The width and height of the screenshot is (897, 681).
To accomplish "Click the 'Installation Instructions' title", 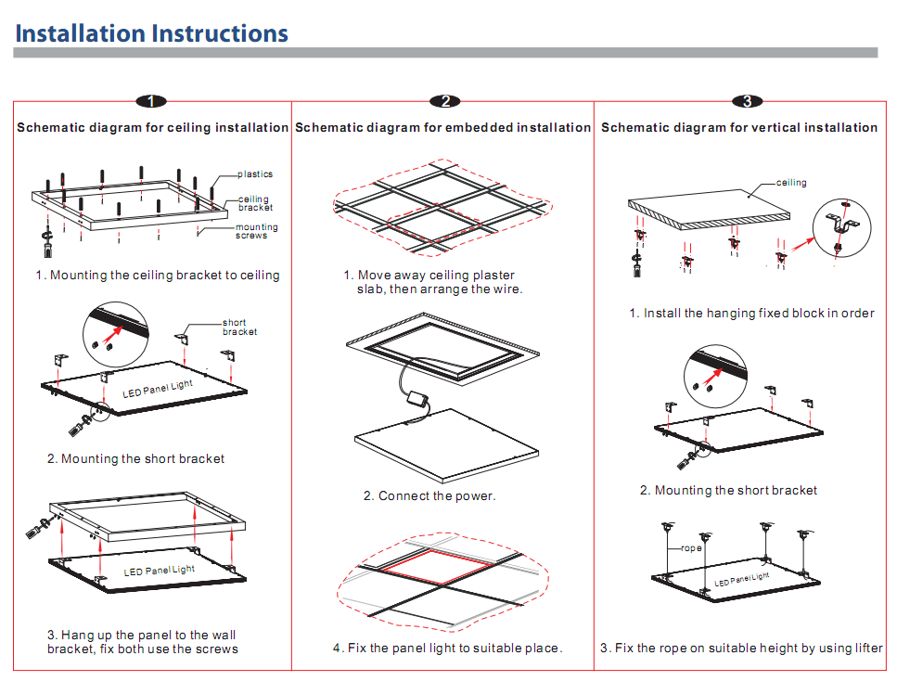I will click(x=152, y=34).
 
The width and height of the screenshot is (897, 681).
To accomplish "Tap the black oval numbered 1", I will click(x=151, y=101).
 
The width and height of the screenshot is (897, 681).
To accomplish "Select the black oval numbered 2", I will click(x=445, y=101).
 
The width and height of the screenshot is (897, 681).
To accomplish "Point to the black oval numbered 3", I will click(x=747, y=101).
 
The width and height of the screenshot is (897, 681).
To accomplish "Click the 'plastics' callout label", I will click(x=255, y=174).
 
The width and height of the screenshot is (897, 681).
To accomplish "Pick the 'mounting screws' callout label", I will click(x=256, y=232).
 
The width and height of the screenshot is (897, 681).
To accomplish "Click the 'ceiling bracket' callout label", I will click(x=255, y=203).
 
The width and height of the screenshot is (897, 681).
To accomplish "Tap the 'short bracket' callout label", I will click(x=239, y=328).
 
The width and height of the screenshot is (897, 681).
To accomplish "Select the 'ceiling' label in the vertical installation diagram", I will click(x=791, y=183).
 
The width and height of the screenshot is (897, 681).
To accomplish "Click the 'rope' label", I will click(x=692, y=548).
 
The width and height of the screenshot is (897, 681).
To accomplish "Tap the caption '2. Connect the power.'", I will click(x=429, y=496).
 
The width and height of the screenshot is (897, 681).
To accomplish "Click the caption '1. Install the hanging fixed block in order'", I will click(x=751, y=314).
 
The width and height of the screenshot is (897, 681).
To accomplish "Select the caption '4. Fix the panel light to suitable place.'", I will click(x=447, y=648).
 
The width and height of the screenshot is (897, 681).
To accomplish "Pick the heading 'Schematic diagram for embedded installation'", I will click(x=442, y=127).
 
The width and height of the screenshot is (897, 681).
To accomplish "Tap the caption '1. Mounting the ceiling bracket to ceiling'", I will click(x=158, y=276).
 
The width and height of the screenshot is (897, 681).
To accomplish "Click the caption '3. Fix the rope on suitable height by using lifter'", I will click(x=741, y=648).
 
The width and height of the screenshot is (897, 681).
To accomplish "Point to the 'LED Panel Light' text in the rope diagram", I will click(x=742, y=580).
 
